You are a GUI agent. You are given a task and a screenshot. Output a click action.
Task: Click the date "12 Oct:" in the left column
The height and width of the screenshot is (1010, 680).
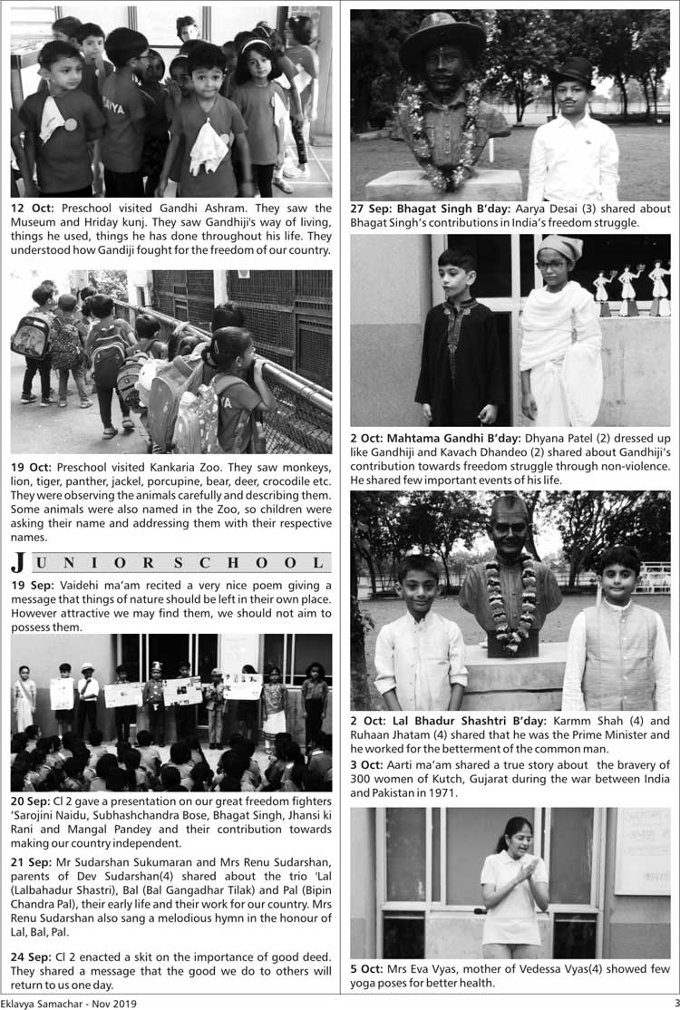[x=31, y=208]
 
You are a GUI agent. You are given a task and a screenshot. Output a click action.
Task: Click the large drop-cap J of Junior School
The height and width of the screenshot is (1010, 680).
[x=19, y=561]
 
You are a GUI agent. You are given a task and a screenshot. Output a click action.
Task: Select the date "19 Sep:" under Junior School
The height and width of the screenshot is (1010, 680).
[x=31, y=586]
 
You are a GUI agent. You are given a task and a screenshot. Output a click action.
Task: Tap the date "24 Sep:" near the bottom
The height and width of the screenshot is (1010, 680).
[x=31, y=957]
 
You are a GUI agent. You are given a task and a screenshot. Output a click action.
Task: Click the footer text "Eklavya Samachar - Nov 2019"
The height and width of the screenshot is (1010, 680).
[x=68, y=1003]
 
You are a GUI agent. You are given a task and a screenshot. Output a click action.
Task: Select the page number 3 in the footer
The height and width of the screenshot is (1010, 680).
[x=675, y=1002]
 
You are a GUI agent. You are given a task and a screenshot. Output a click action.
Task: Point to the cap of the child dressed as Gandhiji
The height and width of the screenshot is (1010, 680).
[x=554, y=248]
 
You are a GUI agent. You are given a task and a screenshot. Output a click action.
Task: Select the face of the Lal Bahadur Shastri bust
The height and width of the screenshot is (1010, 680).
[x=510, y=528]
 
